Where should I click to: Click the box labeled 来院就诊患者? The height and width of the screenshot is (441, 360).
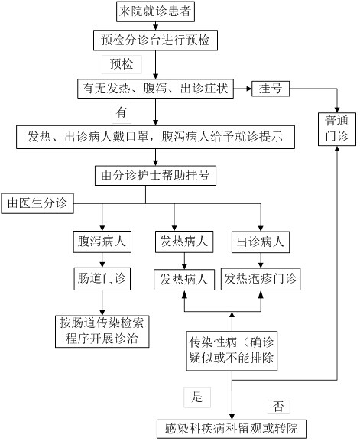pyautogui.click(x=155, y=11)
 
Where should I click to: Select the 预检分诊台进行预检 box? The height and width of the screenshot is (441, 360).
pyautogui.click(x=155, y=40)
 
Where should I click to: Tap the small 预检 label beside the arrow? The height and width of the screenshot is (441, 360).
pyautogui.click(x=122, y=64)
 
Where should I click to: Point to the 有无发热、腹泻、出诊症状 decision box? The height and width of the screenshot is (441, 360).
pyautogui.click(x=155, y=89)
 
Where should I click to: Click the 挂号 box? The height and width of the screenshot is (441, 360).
pyautogui.click(x=271, y=89)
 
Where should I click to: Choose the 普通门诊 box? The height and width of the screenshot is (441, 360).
pyautogui.click(x=337, y=129)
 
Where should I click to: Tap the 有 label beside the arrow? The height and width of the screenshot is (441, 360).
pyautogui.click(x=122, y=112)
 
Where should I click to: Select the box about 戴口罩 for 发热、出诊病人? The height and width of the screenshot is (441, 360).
pyautogui.click(x=155, y=137)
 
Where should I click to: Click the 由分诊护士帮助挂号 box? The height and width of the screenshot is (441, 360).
pyautogui.click(x=155, y=176)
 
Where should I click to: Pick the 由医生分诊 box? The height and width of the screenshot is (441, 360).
pyautogui.click(x=37, y=203)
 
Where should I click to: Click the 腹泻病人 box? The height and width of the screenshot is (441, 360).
pyautogui.click(x=102, y=242)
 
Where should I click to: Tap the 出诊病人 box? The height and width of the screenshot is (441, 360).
pyautogui.click(x=261, y=242)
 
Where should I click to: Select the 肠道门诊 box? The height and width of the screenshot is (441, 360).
pyautogui.click(x=102, y=279)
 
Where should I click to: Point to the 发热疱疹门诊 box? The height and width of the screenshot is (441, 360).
pyautogui.click(x=261, y=279)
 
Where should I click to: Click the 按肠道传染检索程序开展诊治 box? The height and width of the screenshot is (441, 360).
pyautogui.click(x=102, y=331)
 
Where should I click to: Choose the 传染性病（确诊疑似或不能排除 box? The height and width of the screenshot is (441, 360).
pyautogui.click(x=232, y=351)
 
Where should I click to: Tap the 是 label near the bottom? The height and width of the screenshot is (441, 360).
pyautogui.click(x=197, y=397)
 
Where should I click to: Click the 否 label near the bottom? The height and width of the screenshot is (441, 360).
pyautogui.click(x=278, y=407)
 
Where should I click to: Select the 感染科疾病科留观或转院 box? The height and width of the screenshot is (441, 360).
pyautogui.click(x=232, y=429)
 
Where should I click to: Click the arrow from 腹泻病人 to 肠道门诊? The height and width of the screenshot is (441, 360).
pyautogui.click(x=102, y=260)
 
